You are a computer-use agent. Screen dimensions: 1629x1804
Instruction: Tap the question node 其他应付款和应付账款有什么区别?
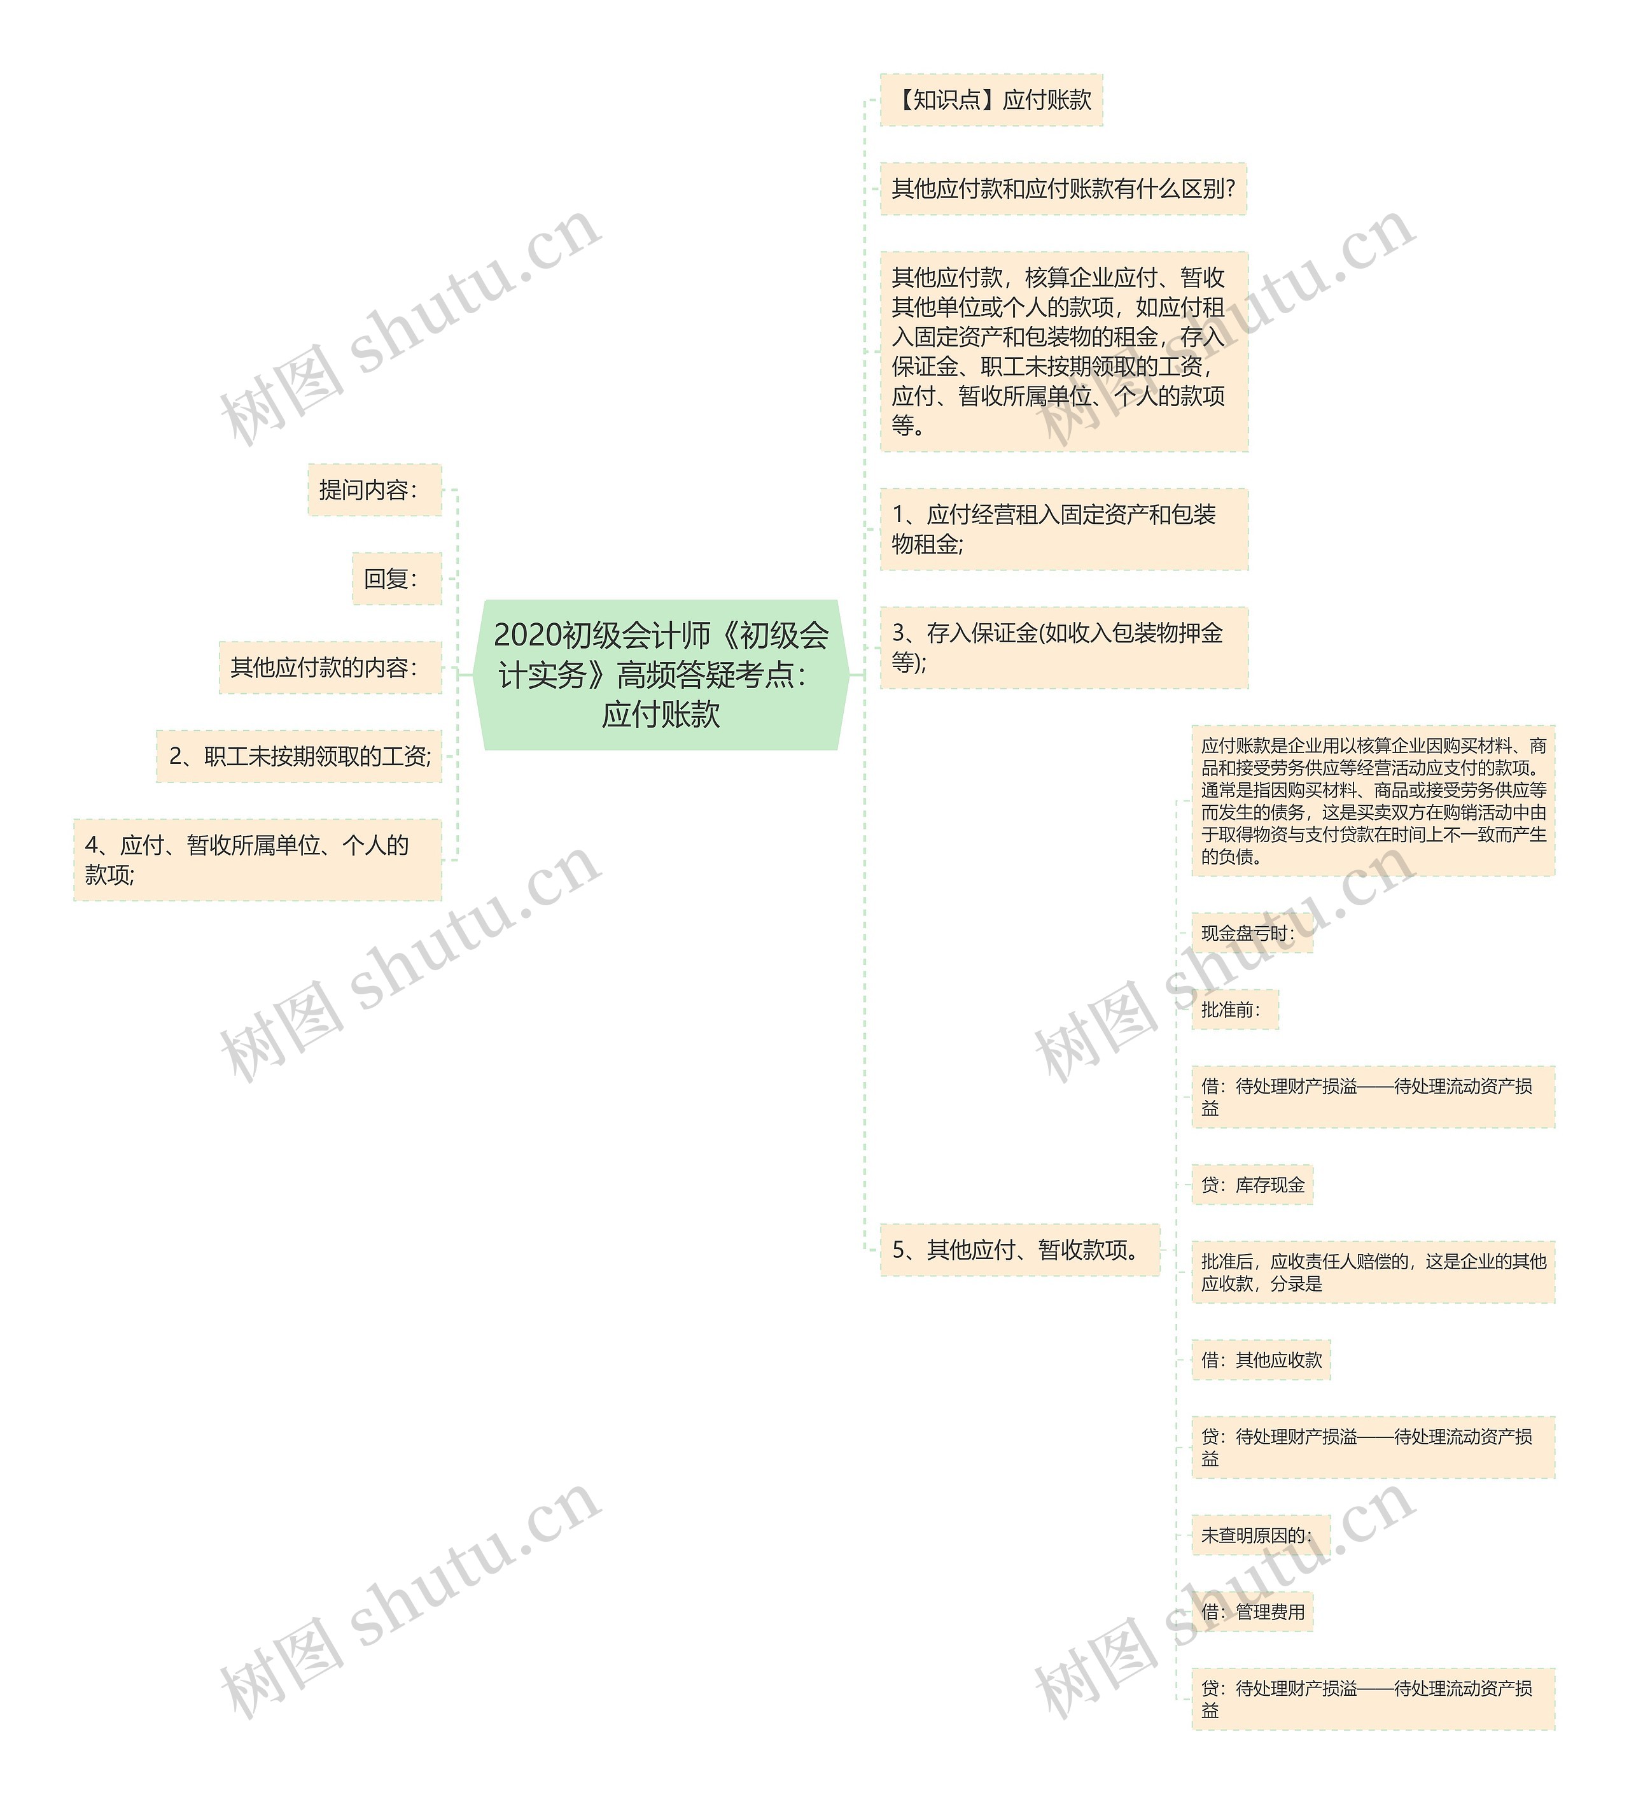click(x=1063, y=189)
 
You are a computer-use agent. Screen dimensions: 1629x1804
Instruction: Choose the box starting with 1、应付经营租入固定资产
click(x=1063, y=529)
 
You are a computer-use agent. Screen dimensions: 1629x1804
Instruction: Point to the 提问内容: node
click(x=374, y=490)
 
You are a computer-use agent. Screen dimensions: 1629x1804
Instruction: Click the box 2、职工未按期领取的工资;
click(x=299, y=756)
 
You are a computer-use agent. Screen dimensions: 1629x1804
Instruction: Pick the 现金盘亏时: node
click(x=1250, y=933)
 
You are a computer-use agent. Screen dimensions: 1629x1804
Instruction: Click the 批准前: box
click(x=1234, y=1010)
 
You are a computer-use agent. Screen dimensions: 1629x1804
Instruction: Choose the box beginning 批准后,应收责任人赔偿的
click(x=1373, y=1272)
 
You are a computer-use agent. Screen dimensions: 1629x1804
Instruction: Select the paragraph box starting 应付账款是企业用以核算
click(x=1373, y=801)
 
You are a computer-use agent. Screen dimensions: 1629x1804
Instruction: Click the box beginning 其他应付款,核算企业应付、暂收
click(x=1063, y=351)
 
